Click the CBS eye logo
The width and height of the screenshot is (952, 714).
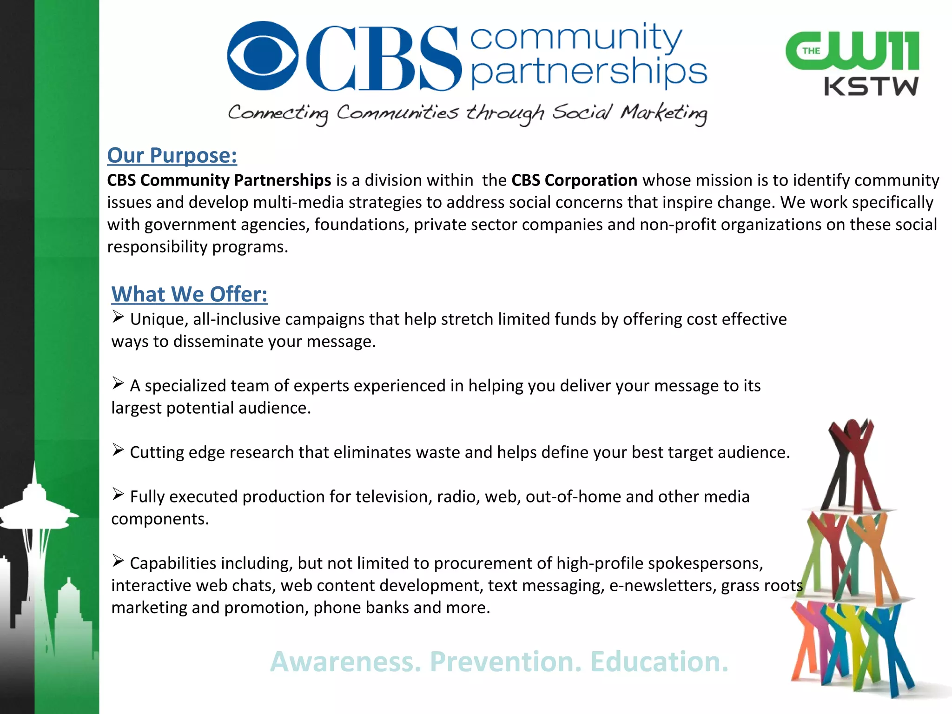(x=263, y=56)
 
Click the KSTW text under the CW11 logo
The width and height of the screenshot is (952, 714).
(x=871, y=87)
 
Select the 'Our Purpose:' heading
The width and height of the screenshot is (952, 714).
(x=172, y=155)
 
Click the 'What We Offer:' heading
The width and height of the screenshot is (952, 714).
(x=189, y=294)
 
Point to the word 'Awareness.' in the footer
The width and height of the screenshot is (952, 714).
(x=345, y=661)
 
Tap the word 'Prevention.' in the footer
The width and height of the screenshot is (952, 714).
(x=505, y=661)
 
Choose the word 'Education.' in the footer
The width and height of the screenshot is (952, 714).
(x=659, y=661)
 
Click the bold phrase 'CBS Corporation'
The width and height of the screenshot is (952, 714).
(x=574, y=180)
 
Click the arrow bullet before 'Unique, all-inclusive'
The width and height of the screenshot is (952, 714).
(x=118, y=317)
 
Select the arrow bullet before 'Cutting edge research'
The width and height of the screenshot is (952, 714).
(x=118, y=450)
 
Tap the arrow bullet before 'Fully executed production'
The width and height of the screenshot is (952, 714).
(x=118, y=495)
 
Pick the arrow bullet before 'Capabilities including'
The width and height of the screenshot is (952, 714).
(x=118, y=561)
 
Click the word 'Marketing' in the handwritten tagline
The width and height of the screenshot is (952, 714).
(x=664, y=113)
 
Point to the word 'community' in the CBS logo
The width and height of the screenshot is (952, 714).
(x=576, y=37)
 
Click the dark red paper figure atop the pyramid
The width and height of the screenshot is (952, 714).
(x=852, y=460)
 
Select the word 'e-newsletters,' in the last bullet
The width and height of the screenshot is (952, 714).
(x=662, y=586)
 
